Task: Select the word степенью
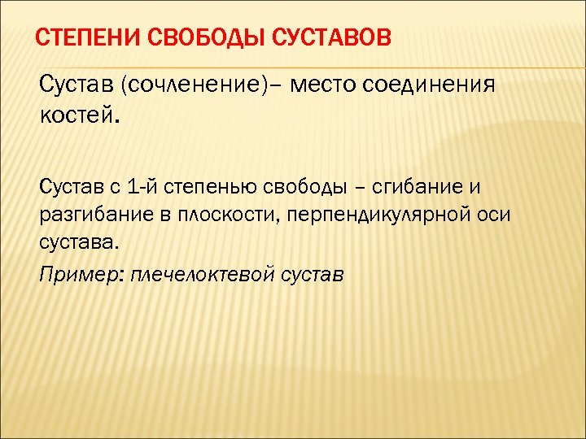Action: pyautogui.click(x=210, y=189)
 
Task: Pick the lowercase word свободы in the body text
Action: pyautogui.click(x=303, y=188)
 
